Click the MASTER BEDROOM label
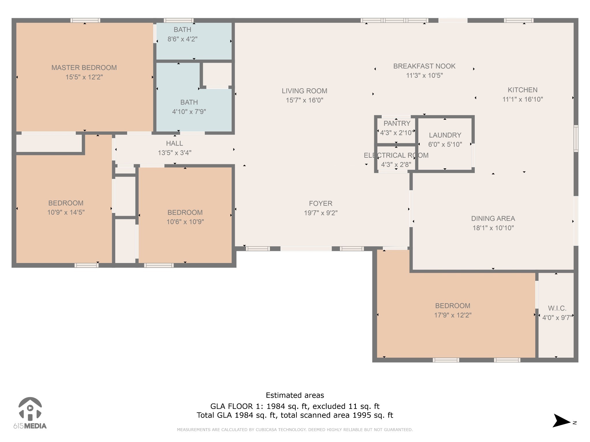[x=84, y=68]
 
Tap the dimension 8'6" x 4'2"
[x=182, y=39]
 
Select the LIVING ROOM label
[x=304, y=91]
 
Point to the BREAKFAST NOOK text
[x=424, y=66]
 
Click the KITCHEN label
[x=522, y=90]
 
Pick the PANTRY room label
[x=397, y=123]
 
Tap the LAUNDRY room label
[x=445, y=135]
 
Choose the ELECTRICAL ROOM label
[x=396, y=155]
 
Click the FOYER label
[x=320, y=203]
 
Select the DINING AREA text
[x=493, y=218]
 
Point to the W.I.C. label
[x=557, y=308]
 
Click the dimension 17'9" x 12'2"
[x=453, y=315]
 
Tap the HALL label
[x=174, y=143]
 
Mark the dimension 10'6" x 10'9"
[x=185, y=222]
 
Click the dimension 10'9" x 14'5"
[x=66, y=212]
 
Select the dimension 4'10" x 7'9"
[x=189, y=112]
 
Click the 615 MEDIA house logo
[x=30, y=409]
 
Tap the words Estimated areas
[x=295, y=395]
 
